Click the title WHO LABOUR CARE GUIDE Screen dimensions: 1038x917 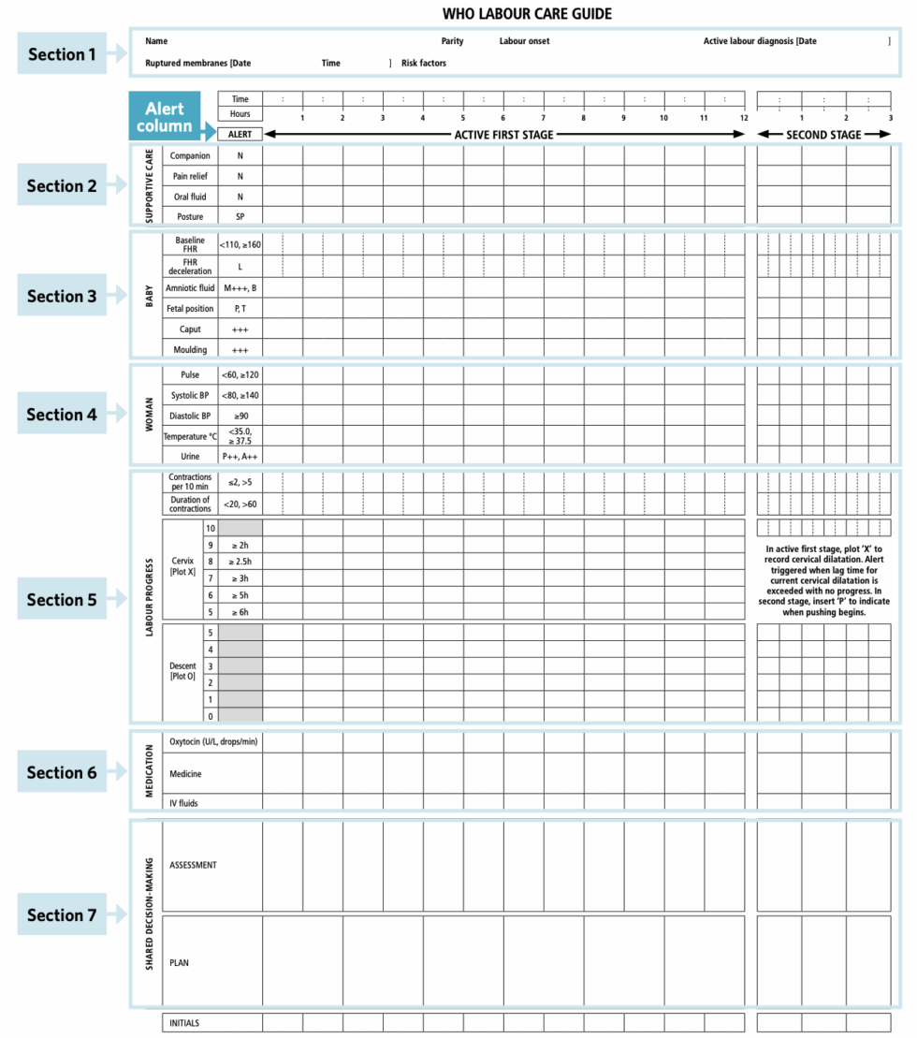(527, 14)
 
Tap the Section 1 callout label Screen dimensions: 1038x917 (62, 54)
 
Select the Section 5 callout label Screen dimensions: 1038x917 (62, 600)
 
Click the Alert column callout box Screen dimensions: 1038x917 (165, 117)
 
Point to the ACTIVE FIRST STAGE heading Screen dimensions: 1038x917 (503, 135)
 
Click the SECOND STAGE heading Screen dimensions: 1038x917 (823, 135)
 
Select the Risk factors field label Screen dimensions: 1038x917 (424, 64)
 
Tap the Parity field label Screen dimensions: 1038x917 (452, 41)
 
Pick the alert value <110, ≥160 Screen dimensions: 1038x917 (240, 245)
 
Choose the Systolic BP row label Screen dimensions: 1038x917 (190, 395)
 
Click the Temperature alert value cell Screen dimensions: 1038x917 (240, 436)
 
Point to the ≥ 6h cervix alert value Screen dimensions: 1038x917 (240, 612)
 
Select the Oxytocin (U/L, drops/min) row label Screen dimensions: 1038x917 (213, 741)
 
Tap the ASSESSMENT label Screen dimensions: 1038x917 (193, 866)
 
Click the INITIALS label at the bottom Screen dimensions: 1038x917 (183, 1023)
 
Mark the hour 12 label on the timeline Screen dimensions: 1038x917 (743, 118)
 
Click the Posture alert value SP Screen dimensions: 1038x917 (240, 217)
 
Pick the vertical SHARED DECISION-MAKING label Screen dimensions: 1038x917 (150, 914)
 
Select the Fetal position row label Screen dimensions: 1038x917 (190, 309)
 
